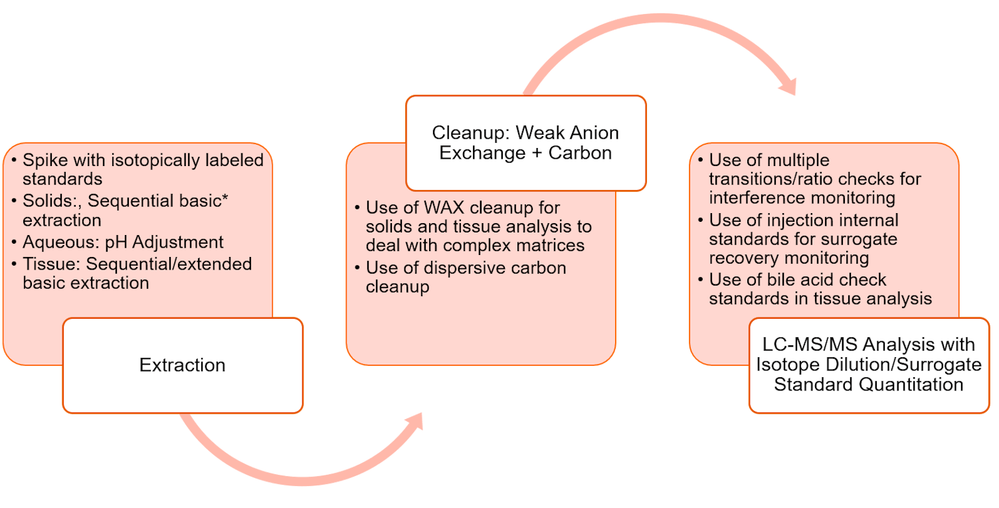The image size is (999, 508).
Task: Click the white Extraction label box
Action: pos(183,365)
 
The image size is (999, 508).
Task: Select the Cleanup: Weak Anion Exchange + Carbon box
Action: pos(525,143)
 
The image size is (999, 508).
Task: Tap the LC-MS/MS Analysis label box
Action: pos(869,365)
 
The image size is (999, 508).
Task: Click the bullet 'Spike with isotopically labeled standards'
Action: pos(142,169)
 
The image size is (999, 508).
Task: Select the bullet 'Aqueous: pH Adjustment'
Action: pos(123,242)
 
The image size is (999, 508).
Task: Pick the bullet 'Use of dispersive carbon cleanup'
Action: pos(465,277)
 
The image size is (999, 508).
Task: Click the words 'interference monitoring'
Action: pos(802,198)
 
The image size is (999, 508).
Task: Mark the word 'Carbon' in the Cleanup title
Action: pos(583,152)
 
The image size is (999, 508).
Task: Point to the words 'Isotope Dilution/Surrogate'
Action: pos(868,365)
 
